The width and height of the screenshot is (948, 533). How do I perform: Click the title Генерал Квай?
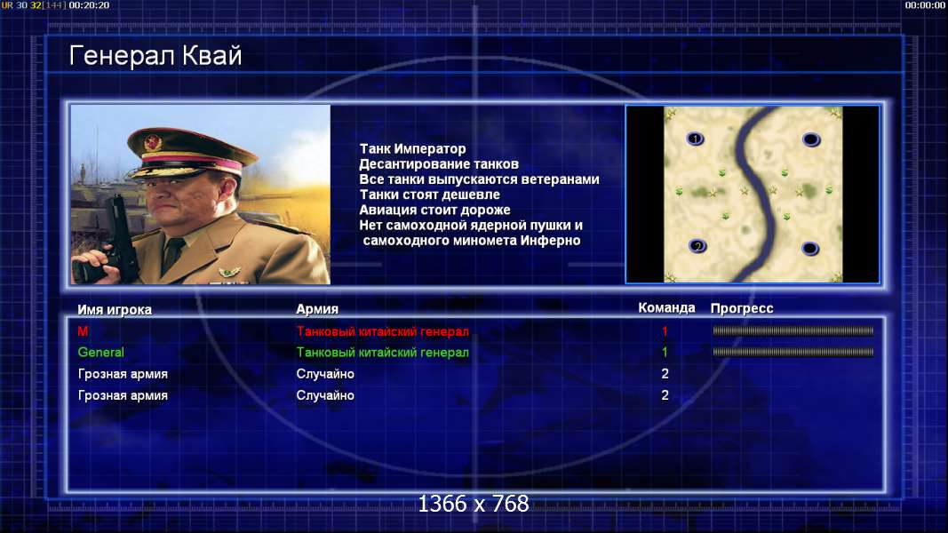pos(155,56)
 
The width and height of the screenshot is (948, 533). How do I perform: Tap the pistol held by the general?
pos(112,239)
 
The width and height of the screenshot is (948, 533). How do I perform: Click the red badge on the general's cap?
pos(152,143)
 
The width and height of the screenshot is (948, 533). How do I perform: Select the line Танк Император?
pos(412,148)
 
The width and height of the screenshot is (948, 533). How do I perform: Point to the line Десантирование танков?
pos(439,163)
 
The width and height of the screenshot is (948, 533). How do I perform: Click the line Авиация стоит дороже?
pos(434,210)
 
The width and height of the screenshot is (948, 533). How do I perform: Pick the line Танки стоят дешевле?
pos(430,195)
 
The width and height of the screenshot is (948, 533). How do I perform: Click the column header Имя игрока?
pos(115,309)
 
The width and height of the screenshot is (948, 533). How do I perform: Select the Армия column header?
pos(317,309)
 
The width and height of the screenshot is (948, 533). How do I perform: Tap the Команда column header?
pos(666,307)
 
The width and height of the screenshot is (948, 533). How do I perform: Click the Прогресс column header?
pos(742,308)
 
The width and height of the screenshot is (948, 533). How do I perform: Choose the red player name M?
pos(83,331)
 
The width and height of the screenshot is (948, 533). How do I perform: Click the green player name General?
pos(101,353)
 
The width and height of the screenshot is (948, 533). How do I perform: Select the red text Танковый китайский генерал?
pos(383,331)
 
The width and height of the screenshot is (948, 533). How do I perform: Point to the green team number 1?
pos(665,353)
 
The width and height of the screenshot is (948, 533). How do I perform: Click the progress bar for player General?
pos(793,352)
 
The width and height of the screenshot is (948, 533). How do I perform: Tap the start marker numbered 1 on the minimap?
pos(696,139)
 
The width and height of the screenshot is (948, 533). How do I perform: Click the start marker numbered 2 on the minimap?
pos(697,246)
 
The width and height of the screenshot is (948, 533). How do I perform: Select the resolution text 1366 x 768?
pos(474,504)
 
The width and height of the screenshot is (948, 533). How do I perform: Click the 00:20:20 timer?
pos(89,4)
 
